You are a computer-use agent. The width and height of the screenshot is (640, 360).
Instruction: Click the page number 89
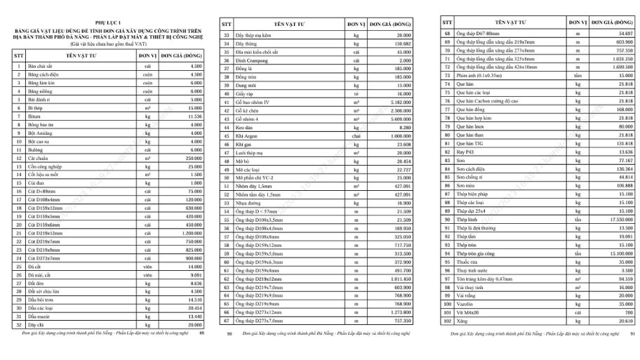click(202, 333)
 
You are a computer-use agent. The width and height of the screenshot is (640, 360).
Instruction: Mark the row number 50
click(226, 178)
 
